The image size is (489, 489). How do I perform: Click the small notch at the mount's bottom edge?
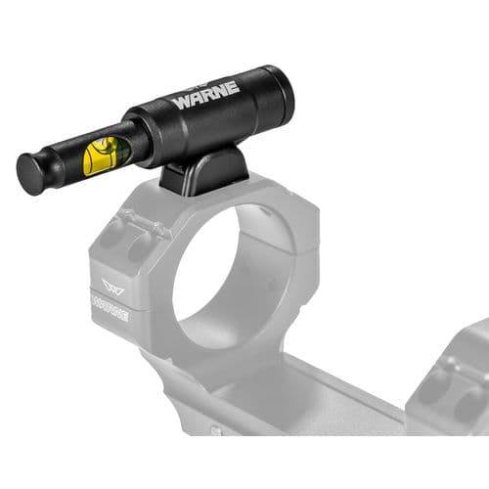click(x=216, y=429)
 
